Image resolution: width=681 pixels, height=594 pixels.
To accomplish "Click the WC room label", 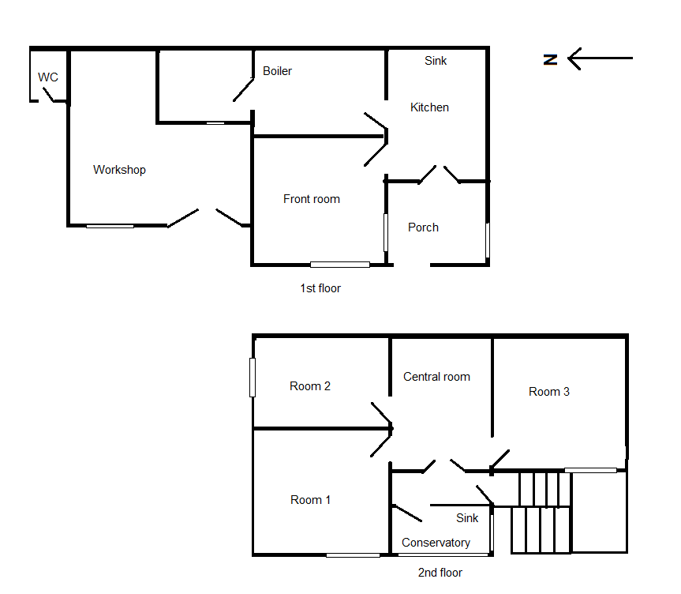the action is pos(48,77).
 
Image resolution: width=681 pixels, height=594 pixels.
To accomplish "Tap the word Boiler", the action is pos(277,71).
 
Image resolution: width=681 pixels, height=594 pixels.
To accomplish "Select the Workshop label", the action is pos(119,170).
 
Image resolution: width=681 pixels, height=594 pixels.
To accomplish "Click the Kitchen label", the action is pos(429,107).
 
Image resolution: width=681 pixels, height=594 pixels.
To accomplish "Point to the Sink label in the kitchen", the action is pos(436,61).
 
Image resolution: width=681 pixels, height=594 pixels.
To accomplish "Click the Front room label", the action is pos(312,199).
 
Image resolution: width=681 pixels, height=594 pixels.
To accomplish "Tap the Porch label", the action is pos(423,227).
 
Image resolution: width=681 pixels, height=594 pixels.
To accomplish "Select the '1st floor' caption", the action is pos(320,288).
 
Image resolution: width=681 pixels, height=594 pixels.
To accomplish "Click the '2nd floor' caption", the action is pos(440,573).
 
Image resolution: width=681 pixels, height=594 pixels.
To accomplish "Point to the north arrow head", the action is pos(570,58).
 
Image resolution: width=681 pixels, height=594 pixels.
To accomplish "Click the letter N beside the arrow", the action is pos(550,60).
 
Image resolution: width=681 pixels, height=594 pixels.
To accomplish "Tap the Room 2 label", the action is pos(310,386).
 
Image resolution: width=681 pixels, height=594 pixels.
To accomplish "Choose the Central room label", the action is pos(436,377).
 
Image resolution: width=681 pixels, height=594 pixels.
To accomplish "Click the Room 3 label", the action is pos(549,392).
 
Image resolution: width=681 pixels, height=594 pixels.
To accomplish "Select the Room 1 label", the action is pos(310,500).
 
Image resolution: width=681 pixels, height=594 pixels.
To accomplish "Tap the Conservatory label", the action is pos(436,543).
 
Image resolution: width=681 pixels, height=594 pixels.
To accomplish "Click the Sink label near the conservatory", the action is pos(467,518).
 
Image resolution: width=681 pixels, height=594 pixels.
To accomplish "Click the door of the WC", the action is pos(48,94).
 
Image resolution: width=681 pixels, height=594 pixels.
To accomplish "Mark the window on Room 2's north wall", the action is pos(253,378).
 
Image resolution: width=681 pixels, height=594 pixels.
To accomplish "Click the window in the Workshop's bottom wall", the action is pos(110,226).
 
